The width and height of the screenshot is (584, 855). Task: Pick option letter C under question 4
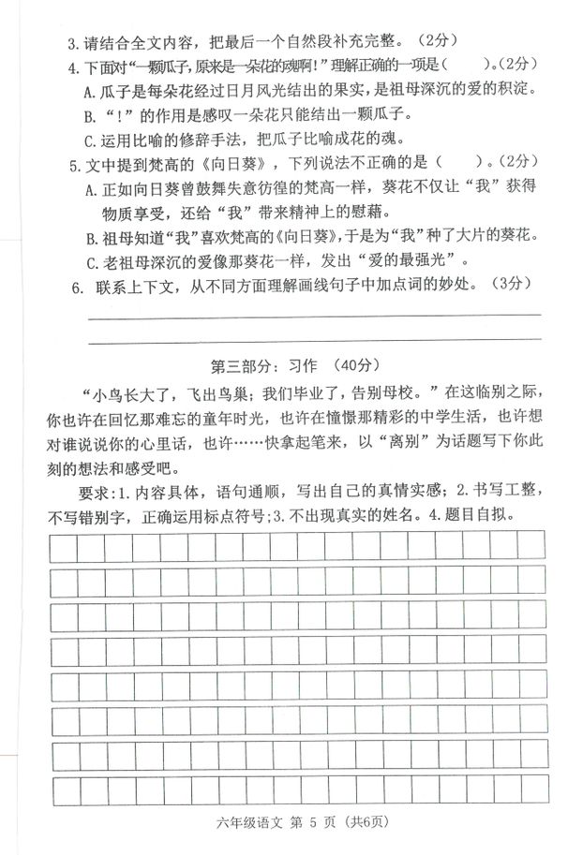point(90,141)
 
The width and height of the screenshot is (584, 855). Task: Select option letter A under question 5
point(90,190)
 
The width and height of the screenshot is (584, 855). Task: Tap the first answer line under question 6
point(313,315)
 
